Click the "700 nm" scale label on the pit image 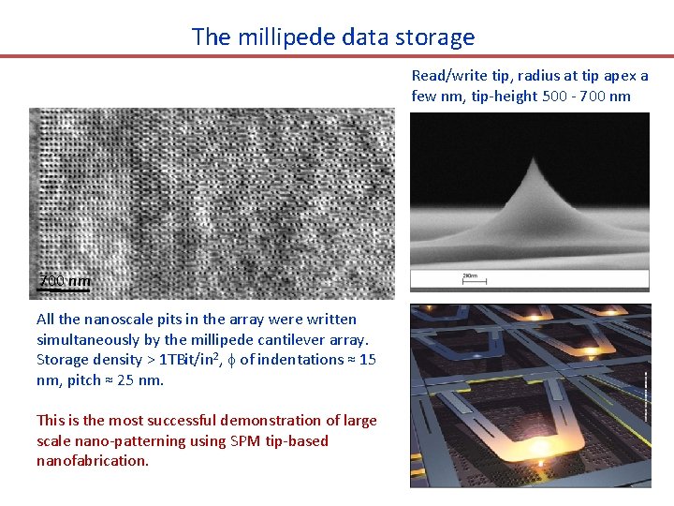65,281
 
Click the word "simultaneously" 86,339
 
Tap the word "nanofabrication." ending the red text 93,460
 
